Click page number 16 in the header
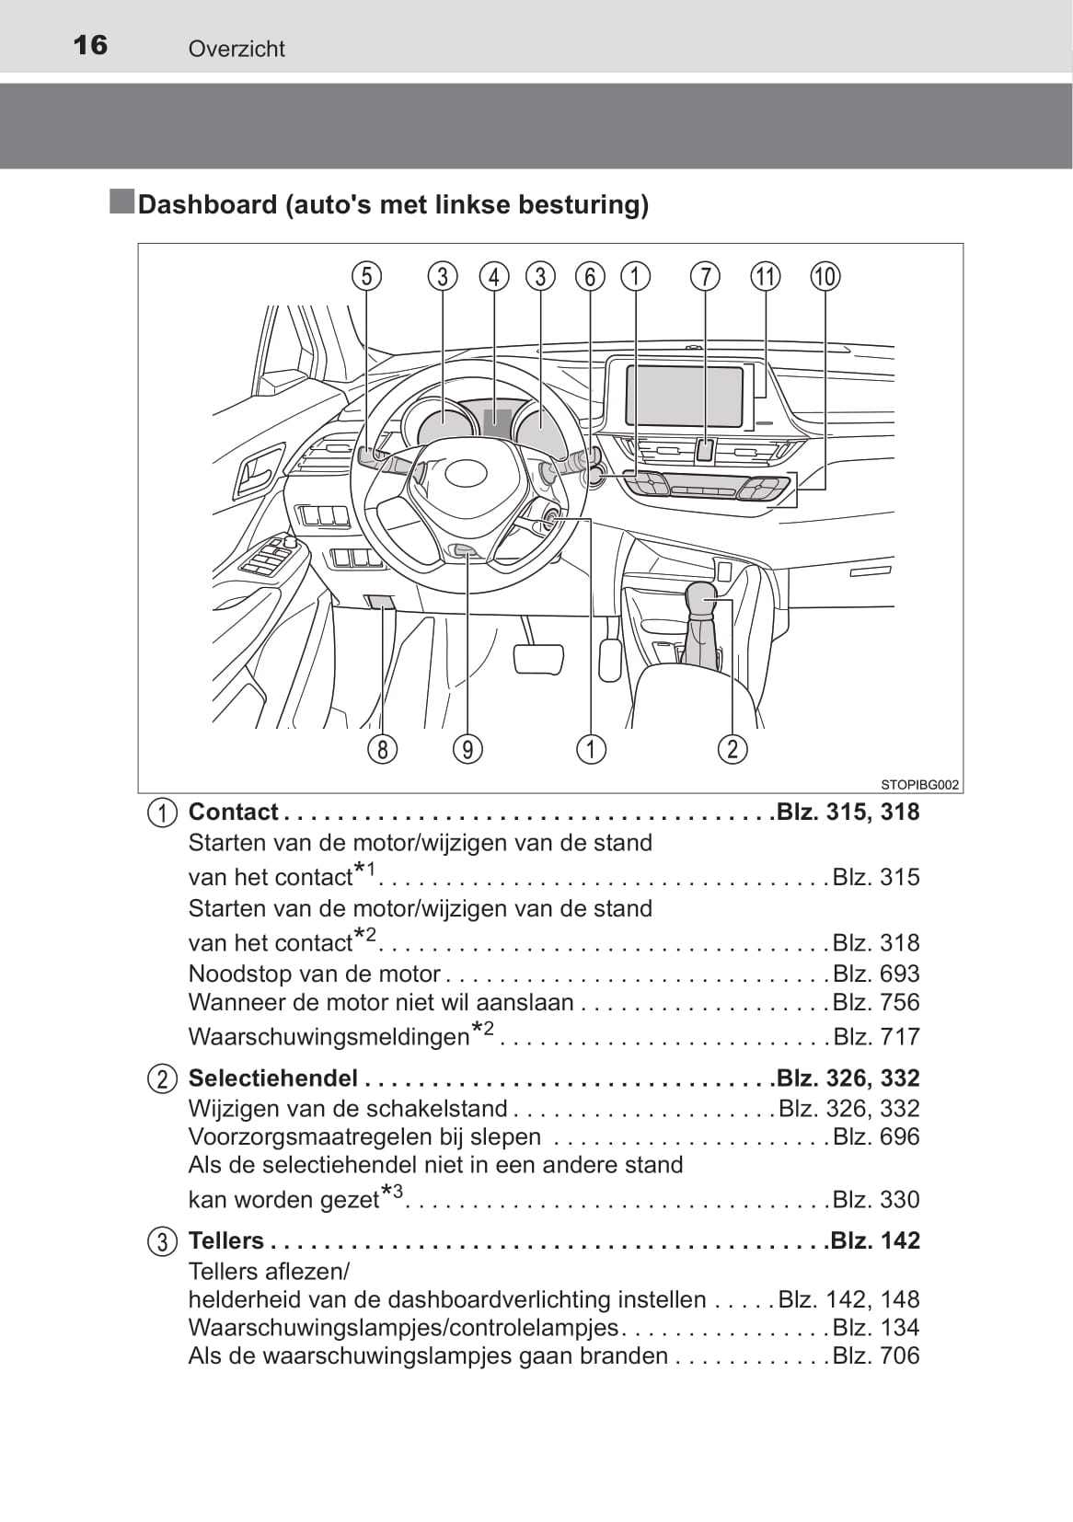[x=90, y=45]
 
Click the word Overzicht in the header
[x=237, y=49]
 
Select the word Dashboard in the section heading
[x=207, y=204]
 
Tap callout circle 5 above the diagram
[x=366, y=276]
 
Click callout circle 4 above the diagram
[x=494, y=276]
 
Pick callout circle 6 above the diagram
[x=590, y=276]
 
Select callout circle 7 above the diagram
[x=705, y=276]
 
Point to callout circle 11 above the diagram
[x=766, y=276]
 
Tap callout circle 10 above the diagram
[x=825, y=276]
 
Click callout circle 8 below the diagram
[x=383, y=749]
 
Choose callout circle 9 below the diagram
[x=467, y=749]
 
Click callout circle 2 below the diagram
[x=733, y=749]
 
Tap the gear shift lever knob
[x=704, y=603]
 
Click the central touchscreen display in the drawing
[x=685, y=396]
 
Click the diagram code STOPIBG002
[x=919, y=785]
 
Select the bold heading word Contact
[x=233, y=812]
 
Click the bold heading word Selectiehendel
[x=272, y=1078]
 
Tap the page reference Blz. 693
[x=875, y=974]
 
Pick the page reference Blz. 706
[x=875, y=1355]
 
